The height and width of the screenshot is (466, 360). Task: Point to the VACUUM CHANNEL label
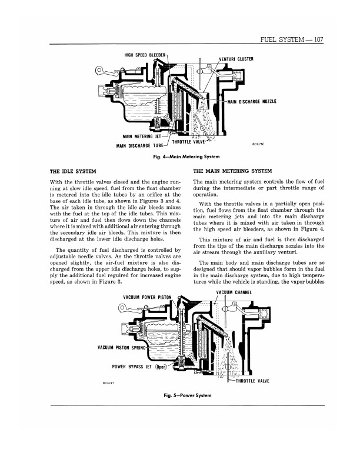click(x=234, y=292)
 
